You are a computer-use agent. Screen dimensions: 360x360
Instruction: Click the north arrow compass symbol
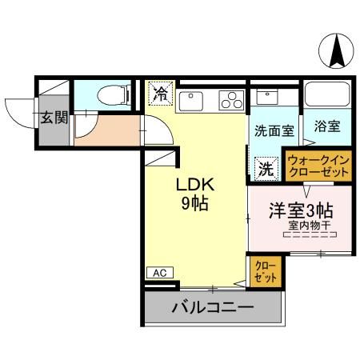pyautogui.click(x=334, y=53)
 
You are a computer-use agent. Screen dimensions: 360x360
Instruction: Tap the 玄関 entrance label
pyautogui.click(x=54, y=118)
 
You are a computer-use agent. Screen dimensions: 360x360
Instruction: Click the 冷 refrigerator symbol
pyautogui.click(x=160, y=94)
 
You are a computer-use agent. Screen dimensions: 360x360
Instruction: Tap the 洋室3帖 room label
pyautogui.click(x=299, y=212)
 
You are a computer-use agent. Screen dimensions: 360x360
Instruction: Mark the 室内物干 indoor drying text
pyautogui.click(x=308, y=227)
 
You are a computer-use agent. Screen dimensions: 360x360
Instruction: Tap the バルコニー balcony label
pyautogui.click(x=213, y=307)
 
